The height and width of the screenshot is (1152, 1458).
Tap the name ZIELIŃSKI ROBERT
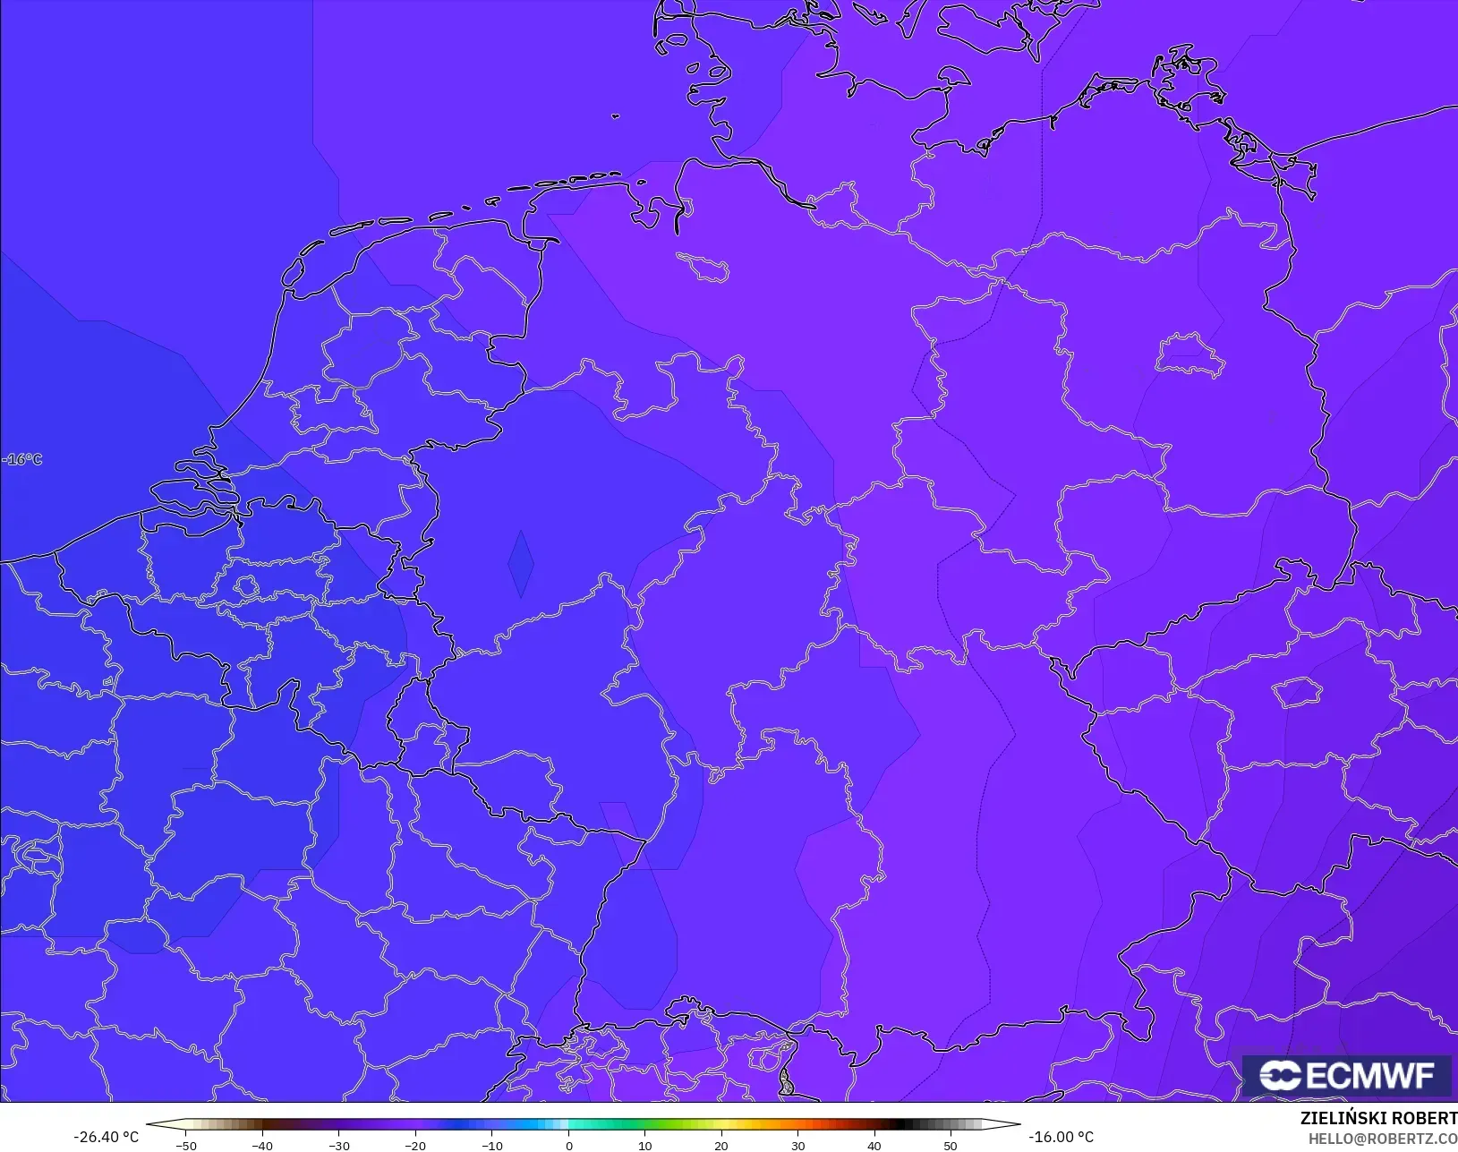1378,1119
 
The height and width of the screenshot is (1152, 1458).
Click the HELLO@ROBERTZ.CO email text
1383,1139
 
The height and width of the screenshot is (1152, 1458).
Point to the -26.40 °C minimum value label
106,1137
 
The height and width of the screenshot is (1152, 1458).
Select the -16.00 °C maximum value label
1061,1137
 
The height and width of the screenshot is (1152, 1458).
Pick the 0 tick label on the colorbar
568,1145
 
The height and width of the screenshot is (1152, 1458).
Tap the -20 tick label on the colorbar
415,1145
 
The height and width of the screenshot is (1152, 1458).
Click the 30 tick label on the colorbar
797,1145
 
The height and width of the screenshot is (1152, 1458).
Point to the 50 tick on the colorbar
951,1145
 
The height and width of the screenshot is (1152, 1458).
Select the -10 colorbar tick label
491,1145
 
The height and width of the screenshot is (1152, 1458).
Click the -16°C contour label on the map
22,459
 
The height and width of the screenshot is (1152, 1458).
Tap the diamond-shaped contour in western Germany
520,564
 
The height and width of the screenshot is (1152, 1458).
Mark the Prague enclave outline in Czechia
1298,692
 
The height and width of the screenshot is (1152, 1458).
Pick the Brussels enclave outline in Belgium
246,586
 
